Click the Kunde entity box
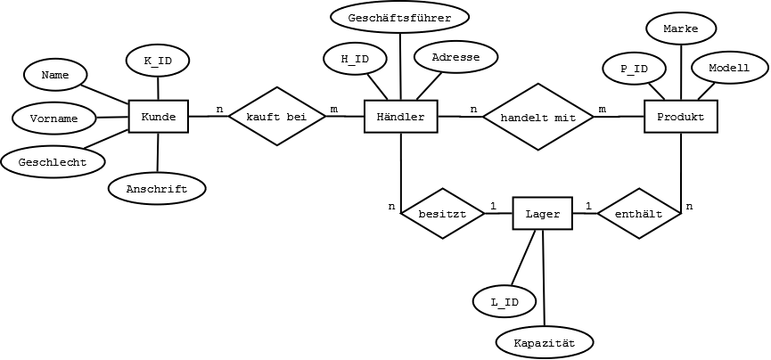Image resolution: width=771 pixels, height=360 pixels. [x=159, y=117]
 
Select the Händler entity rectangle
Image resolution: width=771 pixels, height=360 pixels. [x=401, y=117]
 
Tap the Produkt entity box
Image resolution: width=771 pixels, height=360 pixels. [x=680, y=117]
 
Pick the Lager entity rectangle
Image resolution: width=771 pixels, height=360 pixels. [x=542, y=214]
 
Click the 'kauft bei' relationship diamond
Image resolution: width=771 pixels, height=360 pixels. [x=277, y=117]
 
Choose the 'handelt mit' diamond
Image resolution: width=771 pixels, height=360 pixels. [x=538, y=117]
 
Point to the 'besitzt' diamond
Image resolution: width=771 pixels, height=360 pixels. [x=442, y=214]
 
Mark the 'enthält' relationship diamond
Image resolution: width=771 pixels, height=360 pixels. [x=639, y=214]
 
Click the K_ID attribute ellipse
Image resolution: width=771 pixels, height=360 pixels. [x=158, y=61]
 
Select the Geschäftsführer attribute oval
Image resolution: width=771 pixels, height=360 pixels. [x=399, y=18]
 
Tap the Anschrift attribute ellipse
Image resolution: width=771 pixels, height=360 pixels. [x=156, y=189]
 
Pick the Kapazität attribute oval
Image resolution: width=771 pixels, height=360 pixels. [x=545, y=343]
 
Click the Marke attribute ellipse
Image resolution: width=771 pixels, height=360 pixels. [x=680, y=29]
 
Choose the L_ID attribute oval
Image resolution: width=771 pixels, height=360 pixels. [x=504, y=302]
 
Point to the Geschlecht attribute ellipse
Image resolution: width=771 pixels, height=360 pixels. [x=53, y=162]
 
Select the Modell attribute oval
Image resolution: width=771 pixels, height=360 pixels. [x=729, y=69]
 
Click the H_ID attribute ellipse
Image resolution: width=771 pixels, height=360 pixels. [x=355, y=60]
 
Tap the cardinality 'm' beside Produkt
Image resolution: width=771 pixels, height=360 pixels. [x=602, y=110]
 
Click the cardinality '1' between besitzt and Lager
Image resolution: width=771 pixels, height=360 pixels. [x=493, y=206]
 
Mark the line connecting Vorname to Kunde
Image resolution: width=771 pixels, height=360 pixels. [x=112, y=117]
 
